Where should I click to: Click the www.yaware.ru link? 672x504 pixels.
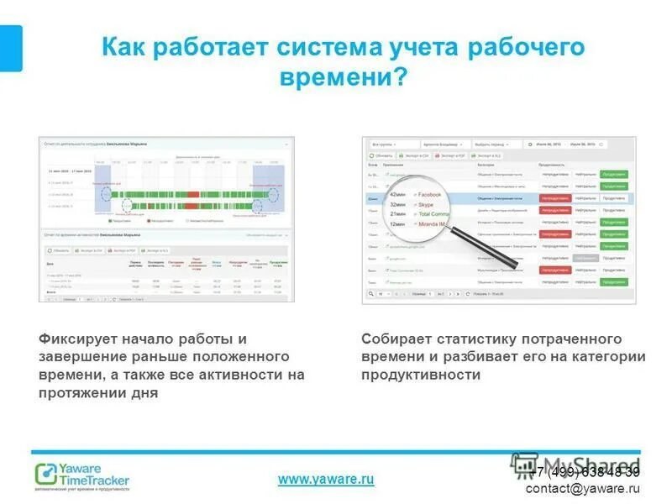(325, 480)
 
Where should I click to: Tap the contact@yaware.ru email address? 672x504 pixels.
(583, 488)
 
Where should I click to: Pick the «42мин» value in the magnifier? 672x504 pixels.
(398, 194)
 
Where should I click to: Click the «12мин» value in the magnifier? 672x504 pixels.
(398, 224)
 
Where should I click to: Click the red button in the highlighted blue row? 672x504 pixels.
(555, 198)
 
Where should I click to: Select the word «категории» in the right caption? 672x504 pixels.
(611, 357)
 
